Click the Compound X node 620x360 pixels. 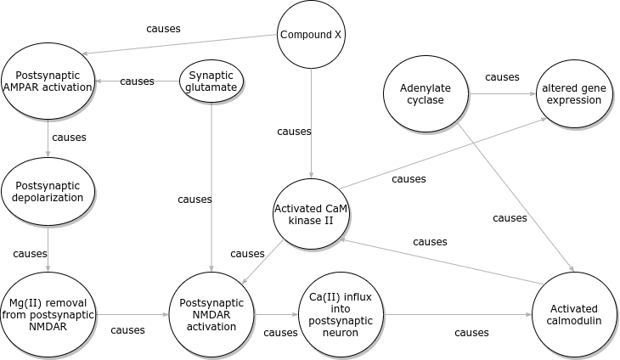(311, 35)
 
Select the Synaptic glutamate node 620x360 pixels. (211, 82)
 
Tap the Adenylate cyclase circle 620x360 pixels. (426, 93)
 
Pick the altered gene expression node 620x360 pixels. (574, 93)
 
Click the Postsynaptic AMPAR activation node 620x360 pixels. (48, 82)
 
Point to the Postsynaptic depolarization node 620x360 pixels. (48, 191)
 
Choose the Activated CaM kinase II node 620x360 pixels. (311, 214)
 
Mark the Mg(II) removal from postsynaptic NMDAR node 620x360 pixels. (48, 314)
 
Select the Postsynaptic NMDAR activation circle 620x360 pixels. (211, 314)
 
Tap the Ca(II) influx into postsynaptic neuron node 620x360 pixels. (340, 314)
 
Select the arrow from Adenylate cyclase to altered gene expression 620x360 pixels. (501, 93)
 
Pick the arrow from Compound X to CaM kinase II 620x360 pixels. (311, 123)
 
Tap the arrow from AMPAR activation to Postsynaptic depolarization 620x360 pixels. (48, 138)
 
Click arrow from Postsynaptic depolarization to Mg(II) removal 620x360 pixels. (48, 248)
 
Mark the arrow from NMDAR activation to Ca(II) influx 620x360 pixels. (276, 314)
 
